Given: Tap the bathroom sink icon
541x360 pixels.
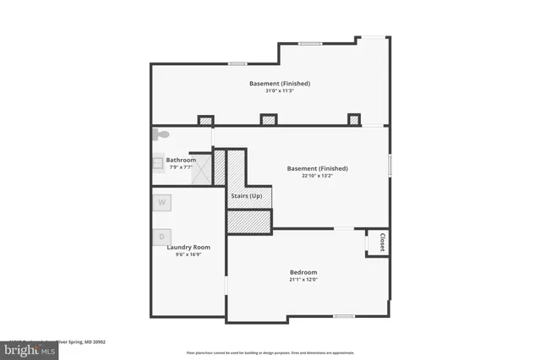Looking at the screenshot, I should click(x=157, y=163).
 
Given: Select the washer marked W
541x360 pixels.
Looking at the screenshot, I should click(x=161, y=203).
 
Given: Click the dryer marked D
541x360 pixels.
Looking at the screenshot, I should click(x=161, y=236).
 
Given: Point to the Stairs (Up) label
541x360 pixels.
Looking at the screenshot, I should click(x=246, y=196).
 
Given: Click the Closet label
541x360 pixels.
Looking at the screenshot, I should click(x=382, y=242).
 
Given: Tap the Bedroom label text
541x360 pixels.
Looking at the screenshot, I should click(x=303, y=272).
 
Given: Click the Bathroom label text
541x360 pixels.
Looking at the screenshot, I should click(x=181, y=160).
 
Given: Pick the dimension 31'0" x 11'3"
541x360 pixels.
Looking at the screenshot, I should click(x=279, y=91).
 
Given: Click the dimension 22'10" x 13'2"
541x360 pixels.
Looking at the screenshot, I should click(x=317, y=176).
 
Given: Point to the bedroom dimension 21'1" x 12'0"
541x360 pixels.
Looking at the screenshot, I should click(x=303, y=280).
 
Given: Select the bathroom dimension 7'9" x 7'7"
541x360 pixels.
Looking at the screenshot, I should click(x=181, y=167).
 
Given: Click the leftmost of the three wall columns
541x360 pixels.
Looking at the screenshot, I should click(x=205, y=120).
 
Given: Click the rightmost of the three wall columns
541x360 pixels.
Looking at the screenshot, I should click(x=353, y=120).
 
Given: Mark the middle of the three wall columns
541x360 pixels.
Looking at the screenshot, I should click(x=269, y=120).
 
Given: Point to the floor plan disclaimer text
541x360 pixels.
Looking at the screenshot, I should click(x=270, y=352).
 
